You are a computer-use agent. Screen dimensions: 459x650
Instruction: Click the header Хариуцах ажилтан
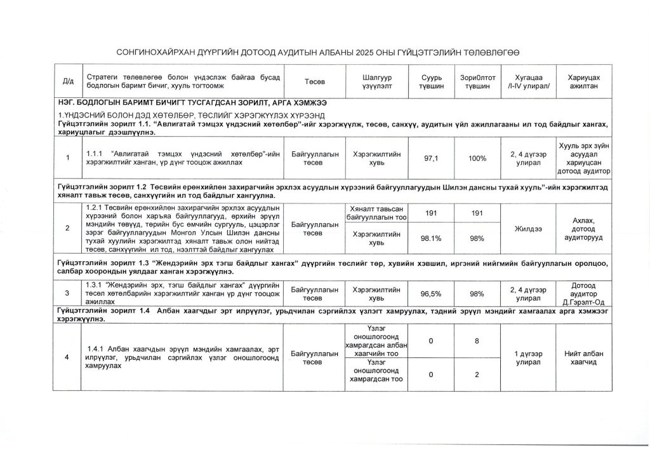[x=583, y=82]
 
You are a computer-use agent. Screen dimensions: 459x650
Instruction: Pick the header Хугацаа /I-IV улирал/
[x=527, y=82]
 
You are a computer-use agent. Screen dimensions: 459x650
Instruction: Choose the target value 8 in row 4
[x=477, y=342]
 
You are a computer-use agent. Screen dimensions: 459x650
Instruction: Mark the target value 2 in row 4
[x=477, y=374]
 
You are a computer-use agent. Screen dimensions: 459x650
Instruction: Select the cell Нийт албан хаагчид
[x=583, y=358]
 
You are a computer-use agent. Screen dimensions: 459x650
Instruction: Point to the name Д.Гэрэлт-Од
[x=583, y=301]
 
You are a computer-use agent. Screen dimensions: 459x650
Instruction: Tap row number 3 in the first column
[x=67, y=294]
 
